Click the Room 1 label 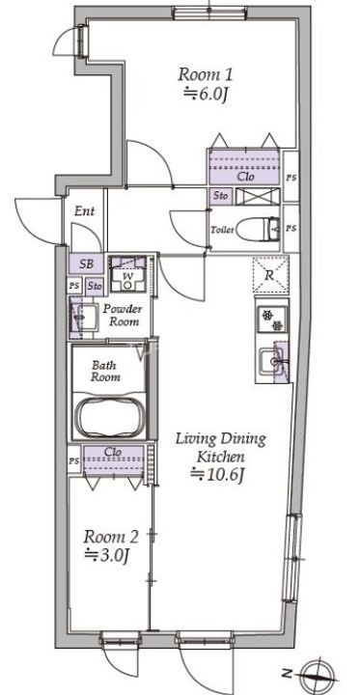[x=206, y=74]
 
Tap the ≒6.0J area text [x=206, y=95]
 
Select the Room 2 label [x=111, y=538]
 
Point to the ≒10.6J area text [x=217, y=475]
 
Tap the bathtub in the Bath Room [x=110, y=417]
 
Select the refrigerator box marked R [x=270, y=275]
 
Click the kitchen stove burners [x=272, y=320]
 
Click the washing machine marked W [x=127, y=274]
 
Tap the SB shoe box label [x=86, y=264]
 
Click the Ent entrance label [x=84, y=211]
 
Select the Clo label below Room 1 [x=245, y=177]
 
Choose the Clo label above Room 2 [x=114, y=452]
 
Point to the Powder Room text [x=123, y=315]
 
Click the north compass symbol [x=316, y=674]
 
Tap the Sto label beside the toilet [x=221, y=196]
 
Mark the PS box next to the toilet [x=291, y=229]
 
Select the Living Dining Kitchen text [x=221, y=448]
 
